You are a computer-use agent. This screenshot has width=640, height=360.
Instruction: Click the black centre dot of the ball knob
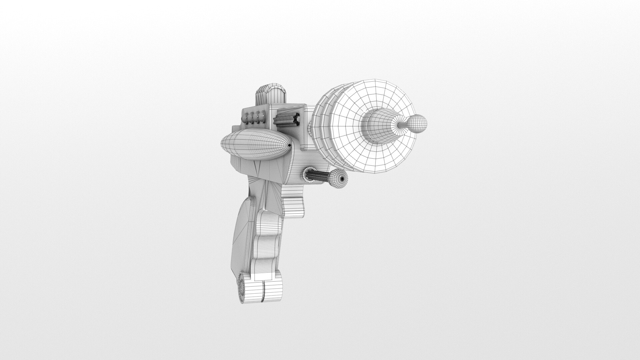point(342,179)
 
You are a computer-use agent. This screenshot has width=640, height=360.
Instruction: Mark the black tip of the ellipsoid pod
point(289,145)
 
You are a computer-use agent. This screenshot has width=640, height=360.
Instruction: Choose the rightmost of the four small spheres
point(263,117)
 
